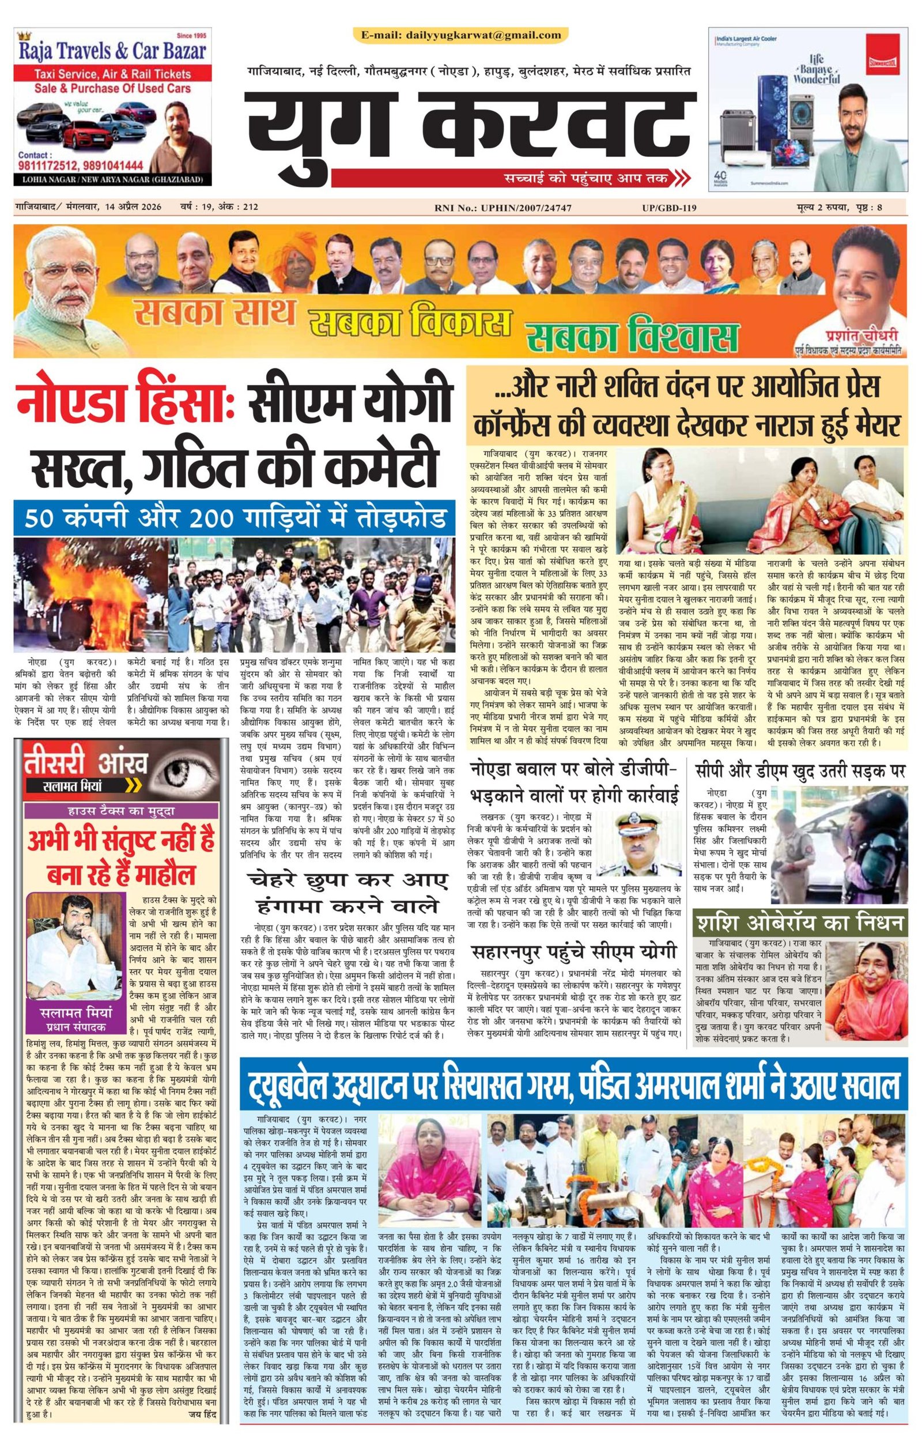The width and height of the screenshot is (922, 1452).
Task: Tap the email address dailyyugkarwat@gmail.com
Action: click(x=461, y=35)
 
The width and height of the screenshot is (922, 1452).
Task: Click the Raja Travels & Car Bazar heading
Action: click(x=113, y=51)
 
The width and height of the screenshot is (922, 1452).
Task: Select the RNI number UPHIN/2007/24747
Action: click(x=502, y=208)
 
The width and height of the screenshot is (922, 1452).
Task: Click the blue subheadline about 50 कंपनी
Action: click(x=232, y=517)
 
